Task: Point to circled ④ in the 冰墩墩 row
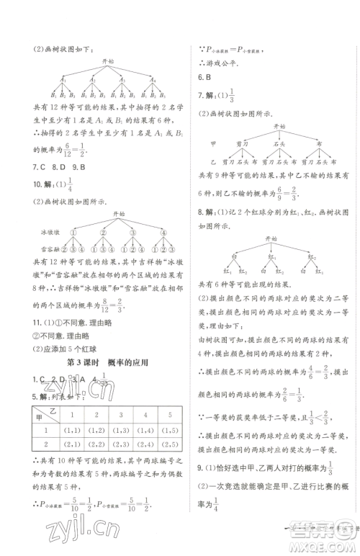[x=165, y=232]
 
